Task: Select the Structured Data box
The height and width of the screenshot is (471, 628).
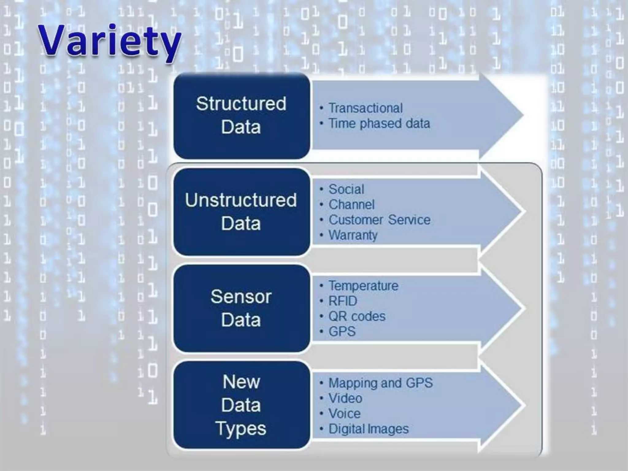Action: tap(241, 116)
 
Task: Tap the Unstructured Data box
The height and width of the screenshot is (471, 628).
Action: tap(241, 212)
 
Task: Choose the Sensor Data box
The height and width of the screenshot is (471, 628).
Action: tap(241, 308)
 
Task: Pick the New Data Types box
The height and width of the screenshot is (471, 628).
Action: tap(241, 405)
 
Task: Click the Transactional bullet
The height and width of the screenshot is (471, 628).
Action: tap(366, 108)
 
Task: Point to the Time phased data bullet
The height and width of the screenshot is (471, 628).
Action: tap(379, 123)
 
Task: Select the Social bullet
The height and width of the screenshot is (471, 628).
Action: tap(346, 189)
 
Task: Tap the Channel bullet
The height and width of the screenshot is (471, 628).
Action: tap(351, 205)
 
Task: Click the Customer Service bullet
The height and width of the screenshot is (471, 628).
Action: tap(379, 220)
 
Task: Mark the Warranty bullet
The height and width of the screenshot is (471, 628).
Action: tap(353, 235)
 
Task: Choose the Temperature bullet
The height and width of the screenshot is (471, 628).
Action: tap(363, 286)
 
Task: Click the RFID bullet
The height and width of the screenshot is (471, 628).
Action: tap(343, 301)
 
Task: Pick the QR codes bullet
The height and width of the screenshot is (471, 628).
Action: tap(357, 316)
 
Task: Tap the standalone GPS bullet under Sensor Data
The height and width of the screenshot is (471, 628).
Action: tap(342, 331)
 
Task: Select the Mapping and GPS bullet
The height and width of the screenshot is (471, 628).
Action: tap(381, 383)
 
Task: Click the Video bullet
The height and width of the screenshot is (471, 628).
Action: tap(345, 398)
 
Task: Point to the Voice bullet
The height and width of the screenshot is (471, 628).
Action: tap(344, 414)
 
